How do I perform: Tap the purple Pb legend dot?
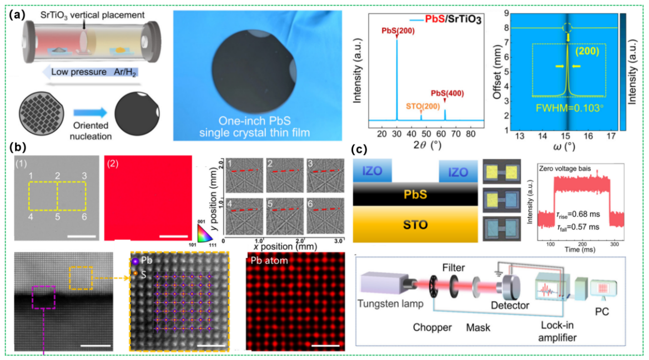coord(135,260)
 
